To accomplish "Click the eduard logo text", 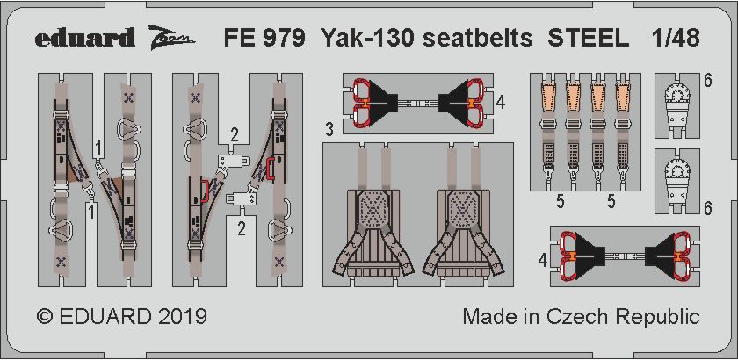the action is [84, 38].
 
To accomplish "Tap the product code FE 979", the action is [264, 38].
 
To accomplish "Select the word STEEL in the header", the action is [589, 38].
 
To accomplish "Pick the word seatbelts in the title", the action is [477, 38].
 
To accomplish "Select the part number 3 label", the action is [329, 130].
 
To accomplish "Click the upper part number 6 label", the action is [708, 82].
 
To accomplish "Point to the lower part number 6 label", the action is [708, 208].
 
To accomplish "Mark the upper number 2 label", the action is [234, 136].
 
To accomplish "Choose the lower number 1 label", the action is [91, 212].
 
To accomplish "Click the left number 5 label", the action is [561, 202].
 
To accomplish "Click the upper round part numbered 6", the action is [676, 107].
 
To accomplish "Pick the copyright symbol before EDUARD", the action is [44, 317].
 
